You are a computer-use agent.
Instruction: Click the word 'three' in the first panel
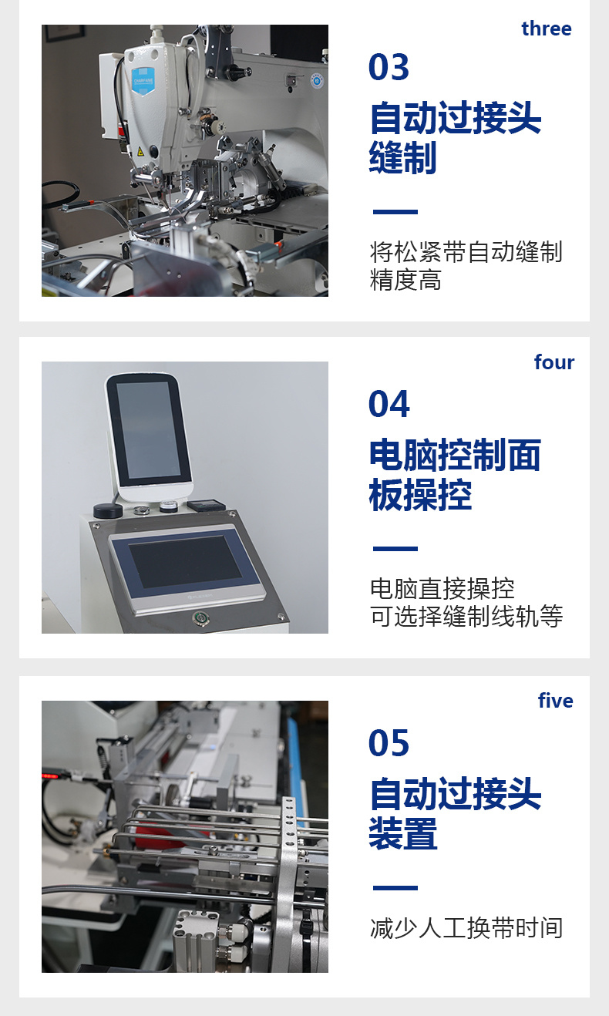(547, 29)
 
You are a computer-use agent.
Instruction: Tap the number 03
(389, 67)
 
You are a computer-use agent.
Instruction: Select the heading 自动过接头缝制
(456, 137)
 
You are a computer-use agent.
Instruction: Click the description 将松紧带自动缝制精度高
(466, 266)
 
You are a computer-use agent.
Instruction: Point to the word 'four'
(554, 362)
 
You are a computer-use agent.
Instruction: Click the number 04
(389, 404)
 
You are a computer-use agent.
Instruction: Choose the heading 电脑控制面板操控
(455, 475)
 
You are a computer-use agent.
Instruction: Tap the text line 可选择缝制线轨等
(466, 617)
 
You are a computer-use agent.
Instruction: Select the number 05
(389, 743)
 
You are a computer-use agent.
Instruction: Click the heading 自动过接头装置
(456, 814)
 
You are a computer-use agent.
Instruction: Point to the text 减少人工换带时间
(466, 928)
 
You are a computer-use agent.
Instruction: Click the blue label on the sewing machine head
(143, 81)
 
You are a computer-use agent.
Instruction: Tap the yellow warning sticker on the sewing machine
(140, 152)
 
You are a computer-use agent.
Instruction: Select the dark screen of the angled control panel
(185, 562)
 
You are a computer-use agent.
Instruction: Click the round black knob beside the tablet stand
(108, 510)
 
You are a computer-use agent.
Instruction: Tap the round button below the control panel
(199, 617)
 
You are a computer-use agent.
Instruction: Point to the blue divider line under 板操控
(395, 548)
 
